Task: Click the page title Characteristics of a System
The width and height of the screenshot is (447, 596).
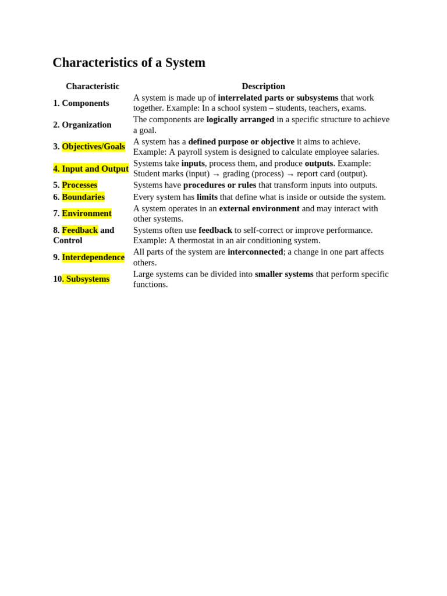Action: pyautogui.click(x=129, y=63)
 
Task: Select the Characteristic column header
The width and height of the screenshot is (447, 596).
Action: pyautogui.click(x=93, y=86)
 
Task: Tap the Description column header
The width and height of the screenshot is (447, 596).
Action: pyautogui.click(x=263, y=86)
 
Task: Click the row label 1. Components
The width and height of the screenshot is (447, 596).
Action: pyautogui.click(x=81, y=103)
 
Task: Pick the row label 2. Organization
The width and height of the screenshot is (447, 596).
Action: pyautogui.click(x=82, y=125)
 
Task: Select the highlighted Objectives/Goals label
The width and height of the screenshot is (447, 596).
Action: pyautogui.click(x=93, y=147)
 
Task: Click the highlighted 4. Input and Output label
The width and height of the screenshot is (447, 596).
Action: pyautogui.click(x=91, y=169)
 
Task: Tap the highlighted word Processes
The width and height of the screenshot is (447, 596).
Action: pyautogui.click(x=80, y=185)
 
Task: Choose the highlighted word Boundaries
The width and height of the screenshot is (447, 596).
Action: pyautogui.click(x=83, y=197)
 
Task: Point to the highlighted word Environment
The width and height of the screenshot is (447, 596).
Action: pyautogui.click(x=87, y=213)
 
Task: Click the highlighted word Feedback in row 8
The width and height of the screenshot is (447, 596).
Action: pyautogui.click(x=80, y=230)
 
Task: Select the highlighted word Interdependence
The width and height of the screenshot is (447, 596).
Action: pyautogui.click(x=93, y=257)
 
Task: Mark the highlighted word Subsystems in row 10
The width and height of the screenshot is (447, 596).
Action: pyautogui.click(x=87, y=279)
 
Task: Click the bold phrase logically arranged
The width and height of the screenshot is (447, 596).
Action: pyautogui.click(x=240, y=119)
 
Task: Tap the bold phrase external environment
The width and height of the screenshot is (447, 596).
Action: pyautogui.click(x=259, y=208)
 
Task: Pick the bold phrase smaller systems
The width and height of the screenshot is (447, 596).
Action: pyautogui.click(x=284, y=274)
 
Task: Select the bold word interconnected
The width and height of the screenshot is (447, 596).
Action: pyautogui.click(x=255, y=252)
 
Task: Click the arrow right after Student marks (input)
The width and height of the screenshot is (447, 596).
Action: pyautogui.click(x=216, y=174)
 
